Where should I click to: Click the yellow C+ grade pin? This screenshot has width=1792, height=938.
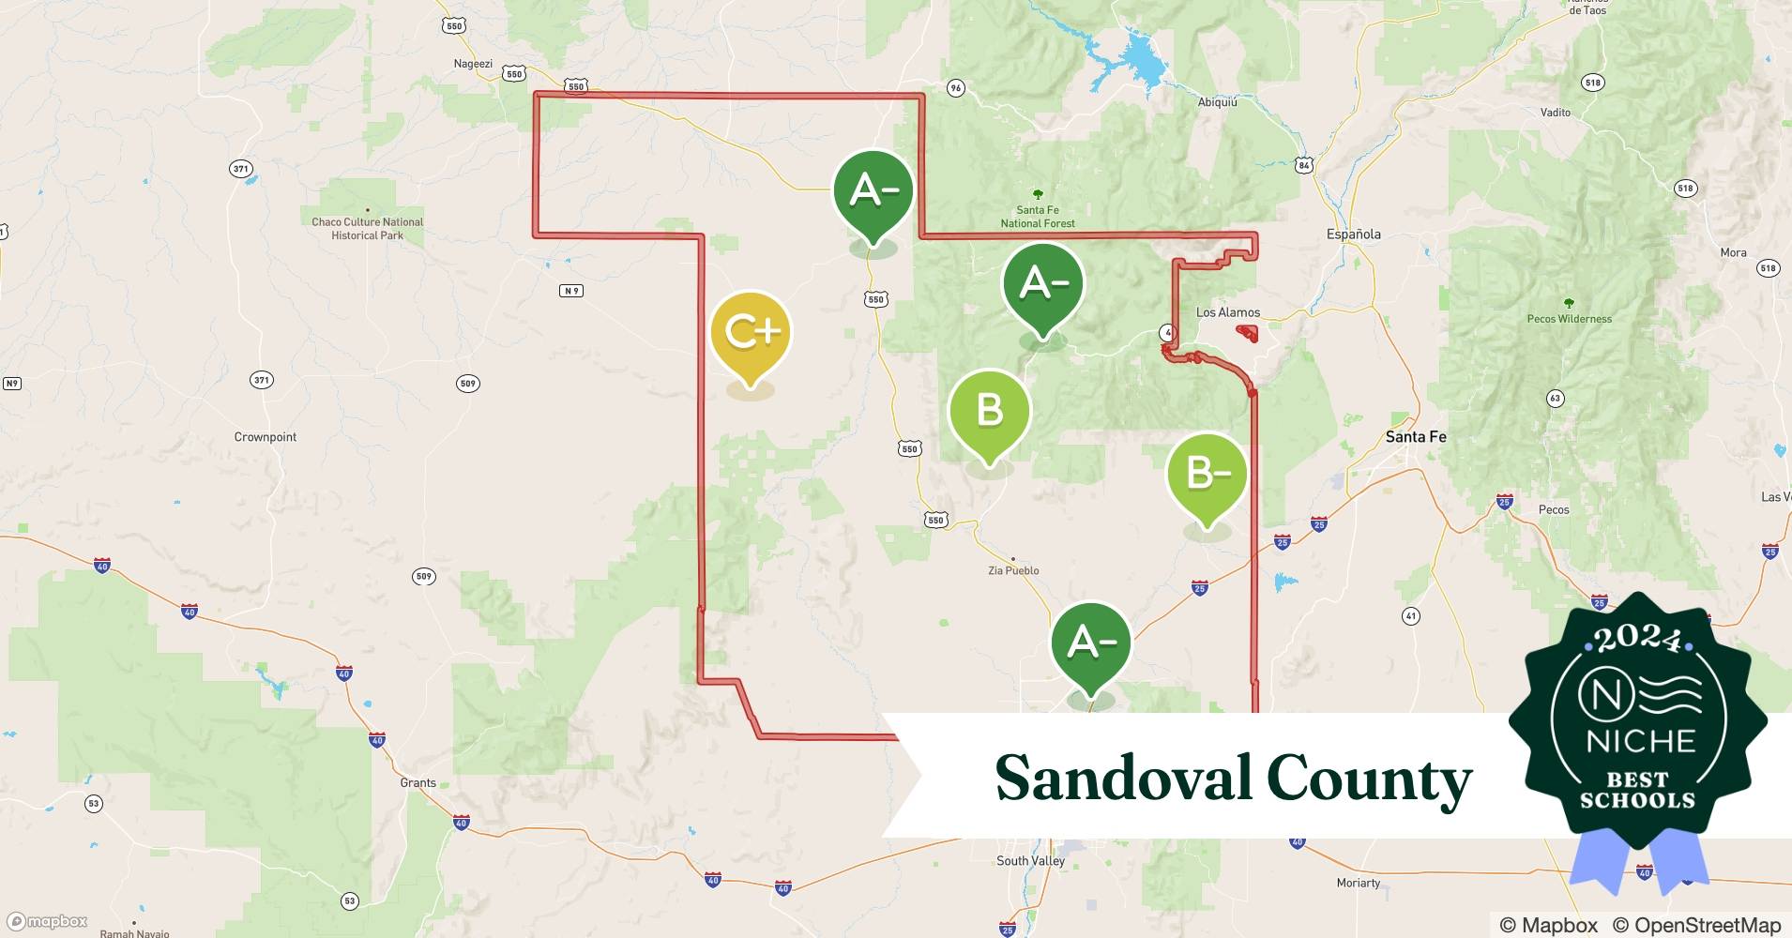(751, 333)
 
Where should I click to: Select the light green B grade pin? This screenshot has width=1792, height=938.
(989, 411)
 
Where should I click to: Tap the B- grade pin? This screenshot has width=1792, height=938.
(1207, 474)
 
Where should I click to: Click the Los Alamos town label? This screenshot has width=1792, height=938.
(1227, 312)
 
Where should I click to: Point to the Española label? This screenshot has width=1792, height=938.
(1353, 234)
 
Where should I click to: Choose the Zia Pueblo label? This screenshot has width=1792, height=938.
(1013, 570)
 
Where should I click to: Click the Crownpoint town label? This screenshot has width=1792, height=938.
(265, 437)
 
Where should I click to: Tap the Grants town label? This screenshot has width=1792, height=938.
(418, 782)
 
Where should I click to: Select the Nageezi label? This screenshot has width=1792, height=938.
(473, 64)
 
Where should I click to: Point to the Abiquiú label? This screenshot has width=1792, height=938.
(1217, 102)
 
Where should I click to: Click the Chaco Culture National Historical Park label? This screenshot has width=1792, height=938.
(367, 229)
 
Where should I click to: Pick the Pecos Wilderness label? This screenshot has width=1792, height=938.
(1569, 319)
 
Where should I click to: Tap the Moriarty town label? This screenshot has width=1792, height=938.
(1358, 883)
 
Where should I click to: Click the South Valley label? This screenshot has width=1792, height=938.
(1030, 861)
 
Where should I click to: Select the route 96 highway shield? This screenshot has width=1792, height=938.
(955, 88)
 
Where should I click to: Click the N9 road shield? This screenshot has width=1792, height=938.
(571, 291)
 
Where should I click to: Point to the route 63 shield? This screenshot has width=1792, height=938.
(1555, 399)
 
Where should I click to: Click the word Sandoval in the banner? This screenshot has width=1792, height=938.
(1122, 778)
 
